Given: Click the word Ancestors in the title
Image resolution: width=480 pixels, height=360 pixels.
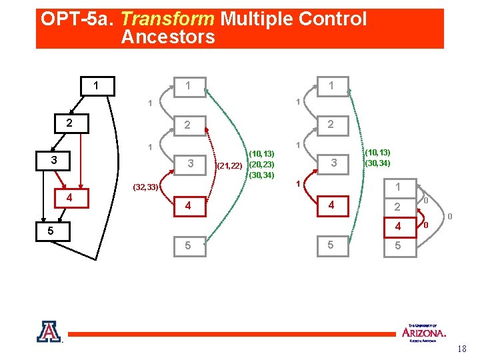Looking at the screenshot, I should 168,37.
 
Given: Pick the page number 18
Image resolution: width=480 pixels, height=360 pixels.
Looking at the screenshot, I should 462,349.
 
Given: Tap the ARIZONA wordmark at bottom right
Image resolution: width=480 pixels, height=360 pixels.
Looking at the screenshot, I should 424,332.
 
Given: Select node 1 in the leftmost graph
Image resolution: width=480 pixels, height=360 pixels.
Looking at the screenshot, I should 97,86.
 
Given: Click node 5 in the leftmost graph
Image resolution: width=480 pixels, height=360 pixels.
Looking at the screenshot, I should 43,231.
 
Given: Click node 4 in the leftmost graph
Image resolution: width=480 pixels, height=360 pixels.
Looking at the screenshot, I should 69,197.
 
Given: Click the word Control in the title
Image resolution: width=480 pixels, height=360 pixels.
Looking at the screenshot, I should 333,19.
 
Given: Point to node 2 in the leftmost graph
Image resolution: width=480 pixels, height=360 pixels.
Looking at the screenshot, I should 69,123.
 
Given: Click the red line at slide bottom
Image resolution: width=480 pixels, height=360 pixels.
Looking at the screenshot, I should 233,333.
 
